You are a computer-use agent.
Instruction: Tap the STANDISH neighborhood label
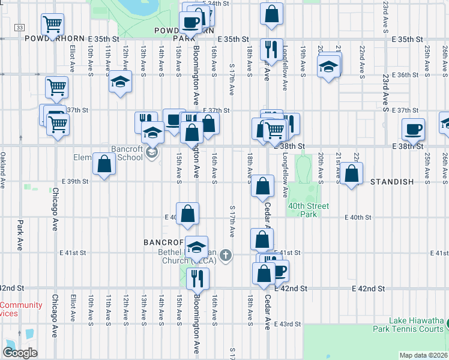(392, 181)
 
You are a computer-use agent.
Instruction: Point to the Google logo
(20, 352)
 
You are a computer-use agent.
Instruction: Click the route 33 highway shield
(20, 28)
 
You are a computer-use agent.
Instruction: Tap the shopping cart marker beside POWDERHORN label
(52, 25)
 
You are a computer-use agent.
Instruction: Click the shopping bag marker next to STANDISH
(353, 174)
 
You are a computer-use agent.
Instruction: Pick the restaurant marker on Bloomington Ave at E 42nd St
(197, 278)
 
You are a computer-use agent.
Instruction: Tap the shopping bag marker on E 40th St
(187, 214)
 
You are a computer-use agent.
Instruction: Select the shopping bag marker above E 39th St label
(104, 164)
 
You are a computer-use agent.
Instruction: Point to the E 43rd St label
(287, 324)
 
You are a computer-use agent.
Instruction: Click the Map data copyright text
(423, 355)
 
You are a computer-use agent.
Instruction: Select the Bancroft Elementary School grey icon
(152, 154)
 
